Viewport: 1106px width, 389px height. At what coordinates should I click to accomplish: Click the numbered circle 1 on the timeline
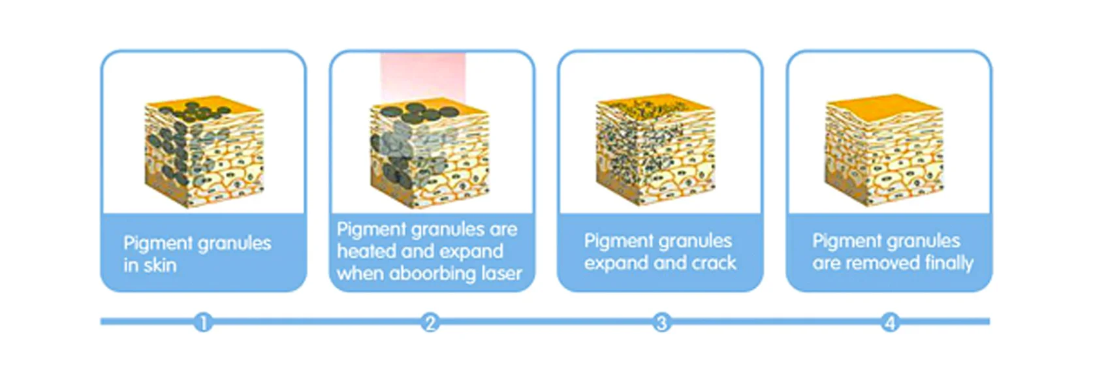click(x=203, y=323)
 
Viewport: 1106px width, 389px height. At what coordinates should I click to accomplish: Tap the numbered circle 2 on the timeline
click(x=430, y=323)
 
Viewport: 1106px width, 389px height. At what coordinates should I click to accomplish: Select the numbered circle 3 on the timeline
click(x=661, y=323)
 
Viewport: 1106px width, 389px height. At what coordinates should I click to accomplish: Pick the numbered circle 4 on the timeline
click(x=890, y=323)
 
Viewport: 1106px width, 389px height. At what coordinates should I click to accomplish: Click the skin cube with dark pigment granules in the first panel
click(x=204, y=151)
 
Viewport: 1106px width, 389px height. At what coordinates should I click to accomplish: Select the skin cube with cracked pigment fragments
click(x=656, y=150)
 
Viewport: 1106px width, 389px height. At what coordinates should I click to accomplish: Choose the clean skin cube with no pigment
click(x=884, y=150)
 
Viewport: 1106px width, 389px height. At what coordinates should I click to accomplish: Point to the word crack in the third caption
click(x=714, y=262)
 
